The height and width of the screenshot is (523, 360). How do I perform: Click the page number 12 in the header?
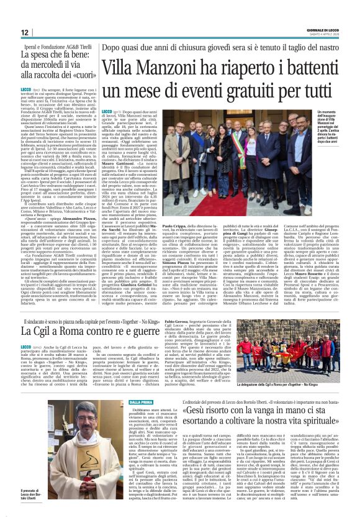click(25, 32)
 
